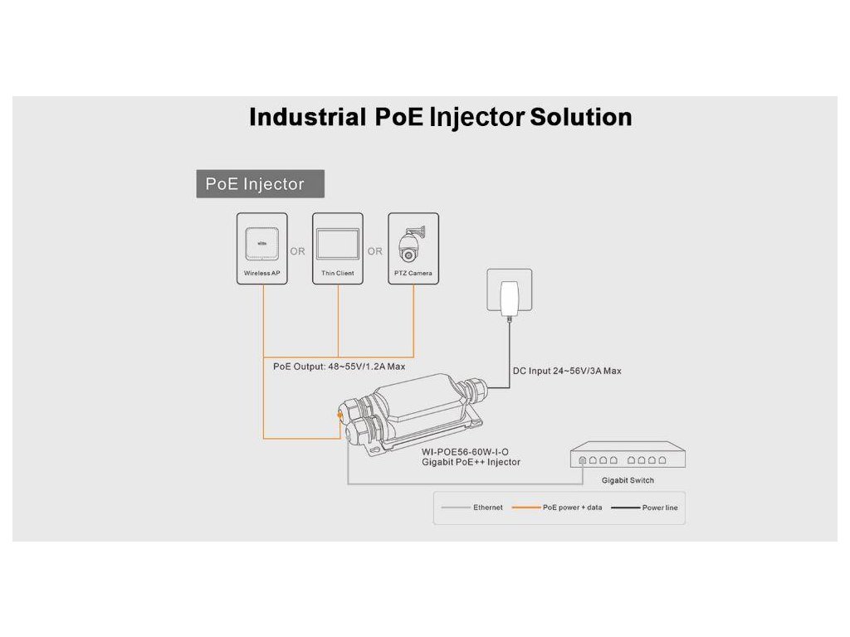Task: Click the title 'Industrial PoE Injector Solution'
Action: [440, 117]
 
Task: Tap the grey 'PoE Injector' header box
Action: [260, 184]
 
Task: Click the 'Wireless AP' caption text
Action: [262, 273]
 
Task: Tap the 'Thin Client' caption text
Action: [338, 273]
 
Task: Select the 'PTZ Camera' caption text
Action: [413, 273]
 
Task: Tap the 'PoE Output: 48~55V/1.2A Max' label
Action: [339, 366]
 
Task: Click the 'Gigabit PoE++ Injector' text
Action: [471, 462]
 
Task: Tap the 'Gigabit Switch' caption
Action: [628, 480]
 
